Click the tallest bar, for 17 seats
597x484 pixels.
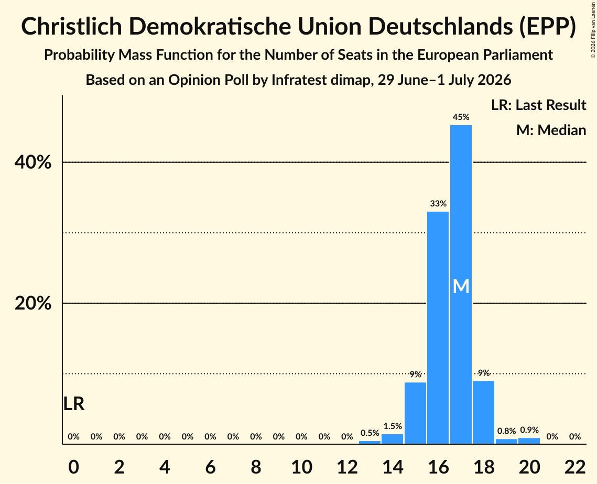pos(461,284)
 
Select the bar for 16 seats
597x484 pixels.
pos(438,327)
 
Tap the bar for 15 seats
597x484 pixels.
pos(415,413)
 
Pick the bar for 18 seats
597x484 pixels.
pos(484,412)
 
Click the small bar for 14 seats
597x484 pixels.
pos(392,439)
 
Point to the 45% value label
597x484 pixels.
pos(461,117)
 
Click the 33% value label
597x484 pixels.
pos(438,204)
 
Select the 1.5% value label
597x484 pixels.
pos(393,426)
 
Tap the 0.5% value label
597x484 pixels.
pos(370,433)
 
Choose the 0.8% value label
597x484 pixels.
pos(506,431)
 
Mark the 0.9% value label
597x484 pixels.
pos(529,430)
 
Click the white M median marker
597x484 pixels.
pos(461,286)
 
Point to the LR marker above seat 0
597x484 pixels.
pos(74,404)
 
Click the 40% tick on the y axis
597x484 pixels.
pos(33,162)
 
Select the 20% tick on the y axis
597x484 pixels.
pos(33,304)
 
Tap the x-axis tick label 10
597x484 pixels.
pos(301,467)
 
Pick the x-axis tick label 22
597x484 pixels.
pos(575,467)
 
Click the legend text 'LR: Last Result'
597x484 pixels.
pos(539,105)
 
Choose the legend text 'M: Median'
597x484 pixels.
pos(551,130)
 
